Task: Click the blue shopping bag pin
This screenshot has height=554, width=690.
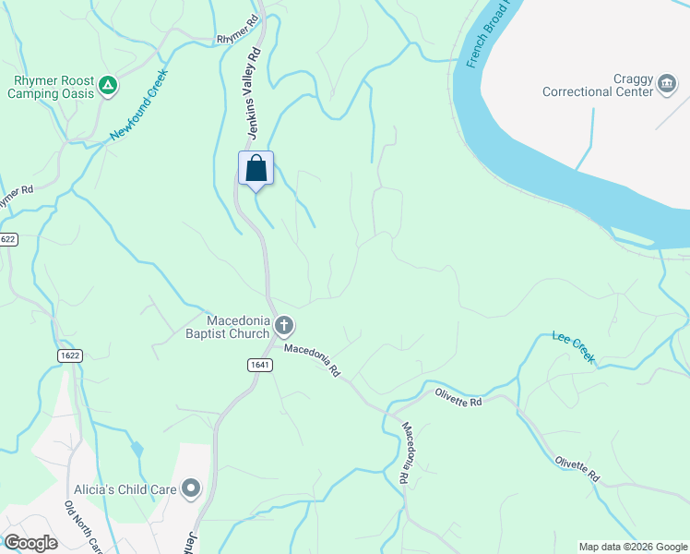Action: (x=256, y=169)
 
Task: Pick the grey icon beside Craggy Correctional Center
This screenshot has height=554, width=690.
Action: (x=666, y=86)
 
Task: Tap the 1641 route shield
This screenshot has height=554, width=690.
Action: (x=259, y=366)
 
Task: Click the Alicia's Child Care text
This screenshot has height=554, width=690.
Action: (x=126, y=488)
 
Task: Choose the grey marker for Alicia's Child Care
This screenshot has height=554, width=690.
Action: (x=191, y=488)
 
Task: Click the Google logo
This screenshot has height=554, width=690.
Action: (x=30, y=543)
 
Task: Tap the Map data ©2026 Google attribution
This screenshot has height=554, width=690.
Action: (x=633, y=547)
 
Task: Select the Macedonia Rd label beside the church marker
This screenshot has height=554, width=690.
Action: (x=313, y=359)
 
